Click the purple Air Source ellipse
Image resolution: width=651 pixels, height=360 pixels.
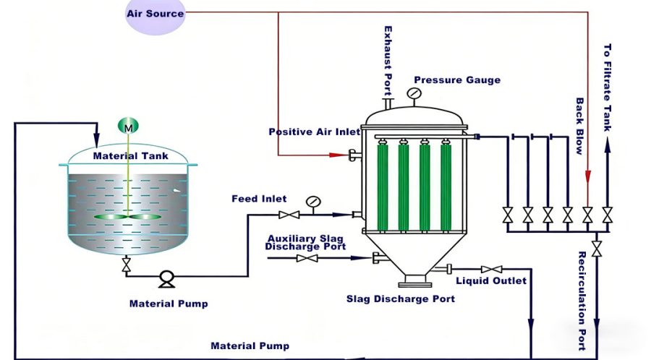click(155, 14)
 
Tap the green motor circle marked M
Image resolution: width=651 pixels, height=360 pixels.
click(128, 127)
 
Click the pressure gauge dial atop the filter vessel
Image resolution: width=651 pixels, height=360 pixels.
click(413, 93)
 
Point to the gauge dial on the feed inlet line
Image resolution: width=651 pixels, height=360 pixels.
click(312, 201)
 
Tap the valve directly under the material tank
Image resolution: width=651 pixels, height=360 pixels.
click(127, 265)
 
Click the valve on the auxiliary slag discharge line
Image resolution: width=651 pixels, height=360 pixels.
click(307, 258)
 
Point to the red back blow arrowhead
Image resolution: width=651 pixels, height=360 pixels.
click(587, 177)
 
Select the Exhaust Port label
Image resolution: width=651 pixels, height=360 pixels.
click(388, 55)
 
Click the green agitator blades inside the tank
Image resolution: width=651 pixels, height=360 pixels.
click(128, 217)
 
